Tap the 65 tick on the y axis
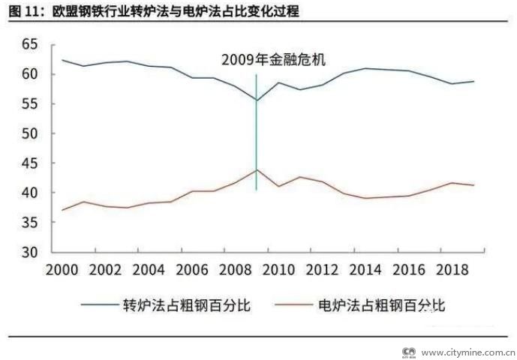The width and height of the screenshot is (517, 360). tap(29, 44)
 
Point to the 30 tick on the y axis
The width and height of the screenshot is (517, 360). tap(29, 252)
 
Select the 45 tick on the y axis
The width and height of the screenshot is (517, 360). tap(29, 163)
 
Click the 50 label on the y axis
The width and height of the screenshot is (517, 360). tap(29, 133)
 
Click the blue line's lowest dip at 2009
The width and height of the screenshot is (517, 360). tap(257, 100)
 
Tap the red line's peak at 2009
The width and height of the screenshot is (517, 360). tap(257, 169)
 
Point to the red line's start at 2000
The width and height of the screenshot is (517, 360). tap(62, 209)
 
